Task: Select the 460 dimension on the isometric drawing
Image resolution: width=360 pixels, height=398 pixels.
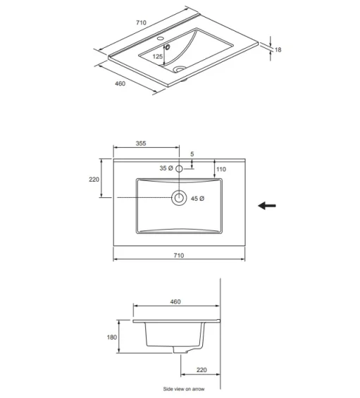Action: click(119, 84)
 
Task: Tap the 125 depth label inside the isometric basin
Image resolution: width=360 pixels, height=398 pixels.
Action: click(158, 57)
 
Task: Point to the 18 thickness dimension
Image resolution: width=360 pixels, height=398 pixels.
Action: click(278, 49)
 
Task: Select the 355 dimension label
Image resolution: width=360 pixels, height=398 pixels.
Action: click(141, 143)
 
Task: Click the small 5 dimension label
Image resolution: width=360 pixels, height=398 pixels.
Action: click(192, 154)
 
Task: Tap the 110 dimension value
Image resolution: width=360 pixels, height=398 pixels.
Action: click(221, 169)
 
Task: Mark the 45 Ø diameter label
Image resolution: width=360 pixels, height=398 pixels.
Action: click(198, 199)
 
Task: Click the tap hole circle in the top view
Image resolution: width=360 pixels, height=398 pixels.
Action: click(179, 168)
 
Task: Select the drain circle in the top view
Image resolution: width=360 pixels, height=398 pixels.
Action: click(179, 198)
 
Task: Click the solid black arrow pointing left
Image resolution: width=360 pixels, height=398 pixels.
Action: click(266, 206)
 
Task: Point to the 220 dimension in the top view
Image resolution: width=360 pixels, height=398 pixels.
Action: click(94, 179)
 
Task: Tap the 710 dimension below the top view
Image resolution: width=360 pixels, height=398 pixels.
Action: click(178, 256)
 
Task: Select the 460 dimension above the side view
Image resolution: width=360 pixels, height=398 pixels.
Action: click(175, 301)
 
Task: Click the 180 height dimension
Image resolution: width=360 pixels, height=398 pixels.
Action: click(111, 337)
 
